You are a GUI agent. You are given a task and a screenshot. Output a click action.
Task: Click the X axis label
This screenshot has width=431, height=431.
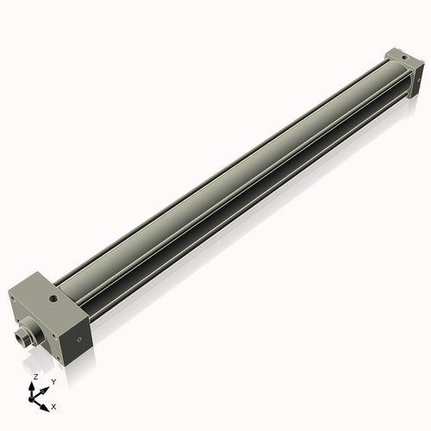(x=53, y=405)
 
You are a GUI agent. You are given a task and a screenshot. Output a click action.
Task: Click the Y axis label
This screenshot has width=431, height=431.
(x=53, y=380)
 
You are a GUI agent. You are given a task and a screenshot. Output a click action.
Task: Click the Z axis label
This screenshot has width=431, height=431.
(x=35, y=377)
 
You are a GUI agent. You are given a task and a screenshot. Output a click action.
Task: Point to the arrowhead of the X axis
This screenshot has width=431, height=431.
(x=46, y=402)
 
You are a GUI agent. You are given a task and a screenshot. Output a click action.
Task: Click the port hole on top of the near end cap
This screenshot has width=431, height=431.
(x=54, y=301)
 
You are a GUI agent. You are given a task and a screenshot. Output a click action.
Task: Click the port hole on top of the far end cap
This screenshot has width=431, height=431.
(x=400, y=55)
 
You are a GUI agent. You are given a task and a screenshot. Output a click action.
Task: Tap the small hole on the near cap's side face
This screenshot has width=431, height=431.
(x=80, y=340)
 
